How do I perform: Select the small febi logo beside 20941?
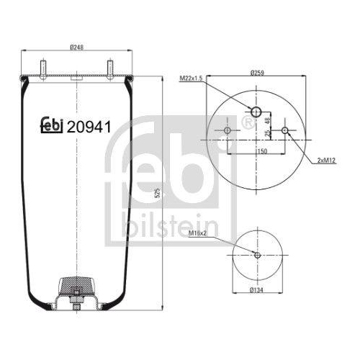coord(51,127)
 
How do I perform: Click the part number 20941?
coord(88,127)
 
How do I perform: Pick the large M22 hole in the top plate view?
coord(257,110)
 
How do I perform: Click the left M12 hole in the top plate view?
coord(228,130)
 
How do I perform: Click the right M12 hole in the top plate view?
coord(286,130)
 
